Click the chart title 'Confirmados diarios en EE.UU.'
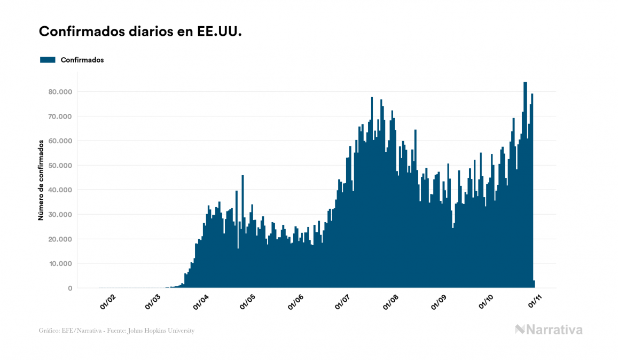tap(140, 32)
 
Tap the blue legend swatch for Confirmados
tap(48, 60)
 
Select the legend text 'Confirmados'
tap(82, 60)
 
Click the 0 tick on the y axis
tap(69, 288)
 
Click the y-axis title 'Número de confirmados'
tap(41, 181)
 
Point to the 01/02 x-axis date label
tap(107, 302)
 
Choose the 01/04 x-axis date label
tap(202, 302)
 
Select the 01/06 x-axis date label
tap(296, 302)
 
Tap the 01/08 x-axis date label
tap(392, 302)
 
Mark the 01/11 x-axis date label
tap(535, 302)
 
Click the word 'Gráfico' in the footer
tap(49, 331)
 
